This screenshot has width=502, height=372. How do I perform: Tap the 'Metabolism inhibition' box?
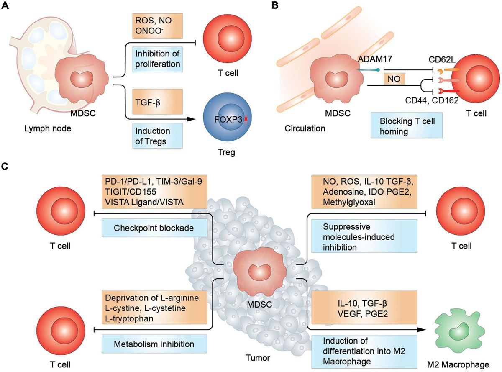point(155,344)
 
